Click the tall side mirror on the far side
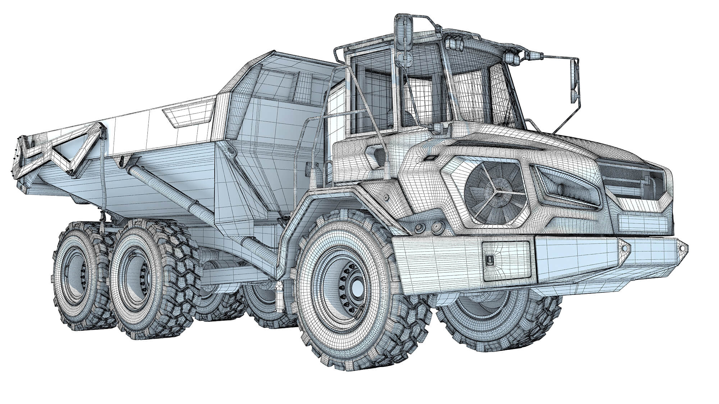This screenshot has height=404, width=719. [574, 81]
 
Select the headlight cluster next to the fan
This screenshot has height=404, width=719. [566, 187]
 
